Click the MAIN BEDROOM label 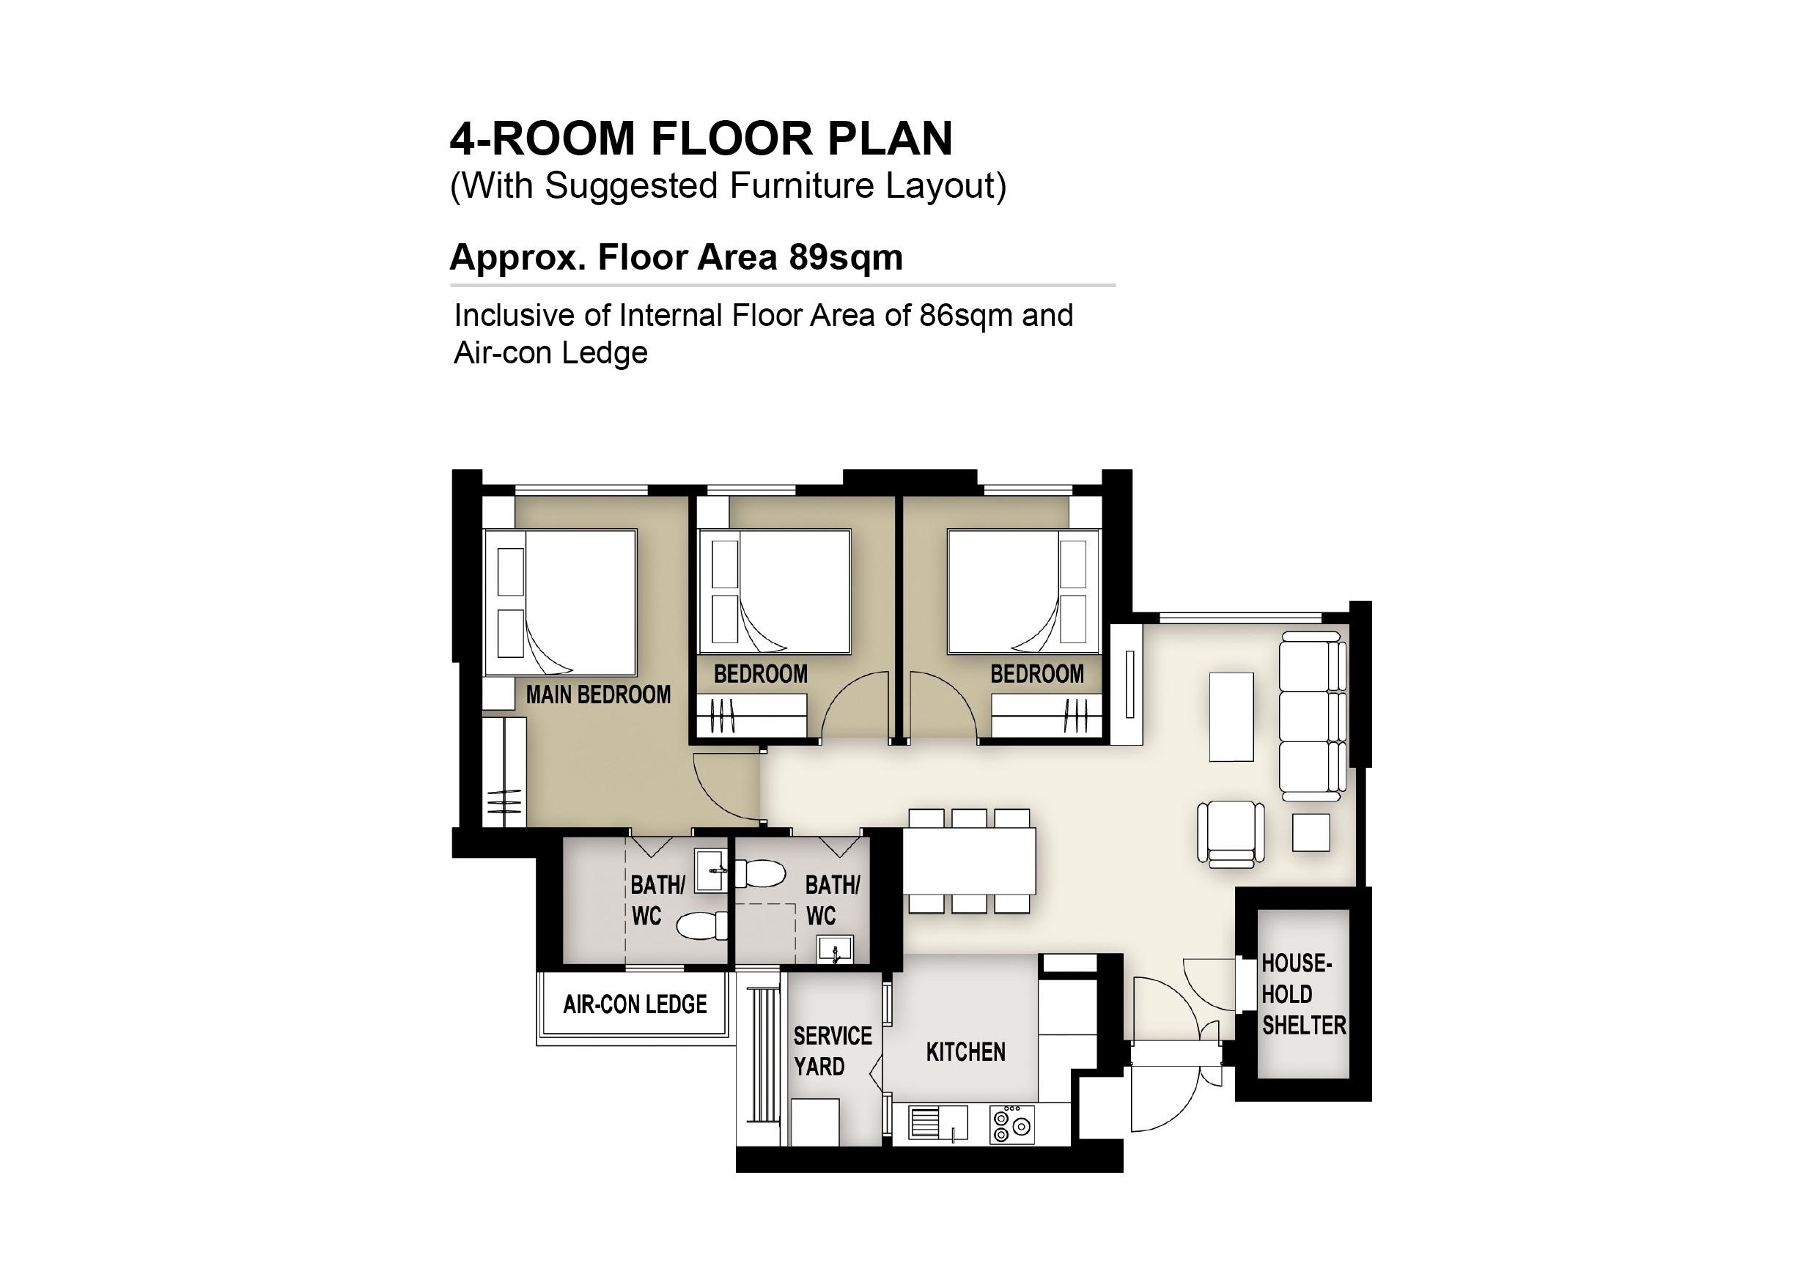598,695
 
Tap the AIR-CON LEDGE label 635,1004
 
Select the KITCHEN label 965,1052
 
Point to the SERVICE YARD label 833,1051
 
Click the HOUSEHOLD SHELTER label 1303,994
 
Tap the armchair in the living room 1231,832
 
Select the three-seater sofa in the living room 1313,712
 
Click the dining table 970,861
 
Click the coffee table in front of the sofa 1231,716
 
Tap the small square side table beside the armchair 1311,833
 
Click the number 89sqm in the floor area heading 845,257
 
